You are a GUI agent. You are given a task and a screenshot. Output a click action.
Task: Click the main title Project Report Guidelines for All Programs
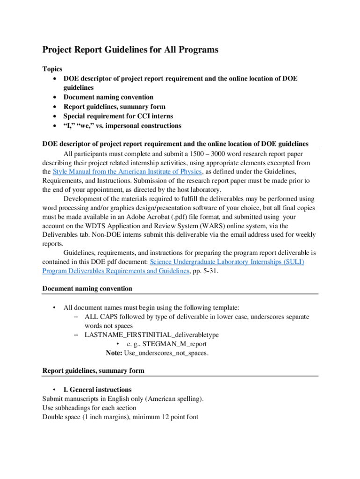tap(130, 50)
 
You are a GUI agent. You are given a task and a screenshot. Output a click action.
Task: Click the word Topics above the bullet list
tap(52, 69)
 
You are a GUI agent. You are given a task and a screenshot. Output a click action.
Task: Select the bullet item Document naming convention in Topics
tap(108, 97)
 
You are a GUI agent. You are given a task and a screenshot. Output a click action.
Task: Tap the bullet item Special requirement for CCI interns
tap(118, 116)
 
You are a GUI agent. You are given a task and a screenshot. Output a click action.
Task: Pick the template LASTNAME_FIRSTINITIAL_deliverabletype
tap(151, 335)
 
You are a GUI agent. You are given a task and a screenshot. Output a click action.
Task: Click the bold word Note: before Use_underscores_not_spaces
tap(114, 353)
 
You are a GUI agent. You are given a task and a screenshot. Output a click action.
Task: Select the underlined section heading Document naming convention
tap(87, 289)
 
